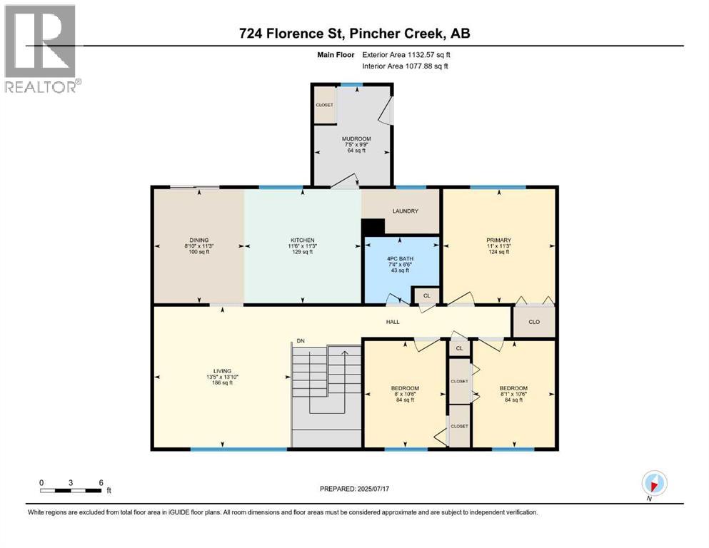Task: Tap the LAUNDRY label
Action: (x=405, y=211)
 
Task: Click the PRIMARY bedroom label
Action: (x=499, y=240)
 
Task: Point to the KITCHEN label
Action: (x=303, y=240)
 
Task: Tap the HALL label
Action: (x=393, y=322)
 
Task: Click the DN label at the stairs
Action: (x=301, y=341)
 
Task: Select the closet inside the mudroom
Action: (x=325, y=105)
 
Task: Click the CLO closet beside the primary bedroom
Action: (x=533, y=322)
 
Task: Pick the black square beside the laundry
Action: (x=373, y=226)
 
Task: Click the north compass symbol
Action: (x=654, y=482)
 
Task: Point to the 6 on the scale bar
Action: (x=101, y=482)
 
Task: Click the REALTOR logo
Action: (x=41, y=49)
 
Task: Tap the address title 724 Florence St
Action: (x=354, y=34)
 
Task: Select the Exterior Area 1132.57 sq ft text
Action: (x=406, y=54)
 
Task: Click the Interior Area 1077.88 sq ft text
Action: (x=406, y=66)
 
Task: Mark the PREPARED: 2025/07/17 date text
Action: (x=354, y=489)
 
